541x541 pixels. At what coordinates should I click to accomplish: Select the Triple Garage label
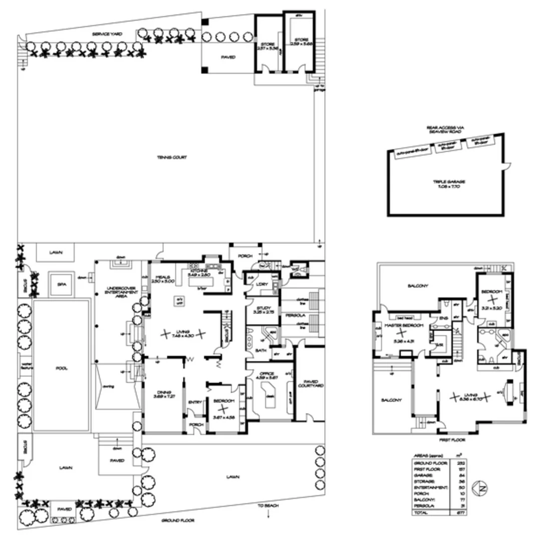(446, 182)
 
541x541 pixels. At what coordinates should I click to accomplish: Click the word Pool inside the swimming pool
(62, 368)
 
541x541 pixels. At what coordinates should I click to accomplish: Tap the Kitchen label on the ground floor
(198, 270)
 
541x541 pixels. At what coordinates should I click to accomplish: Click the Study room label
(262, 308)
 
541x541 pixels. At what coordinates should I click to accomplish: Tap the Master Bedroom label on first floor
(399, 326)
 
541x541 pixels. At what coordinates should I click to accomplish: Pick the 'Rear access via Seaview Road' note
(445, 130)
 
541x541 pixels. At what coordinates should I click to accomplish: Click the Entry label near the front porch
(194, 402)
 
